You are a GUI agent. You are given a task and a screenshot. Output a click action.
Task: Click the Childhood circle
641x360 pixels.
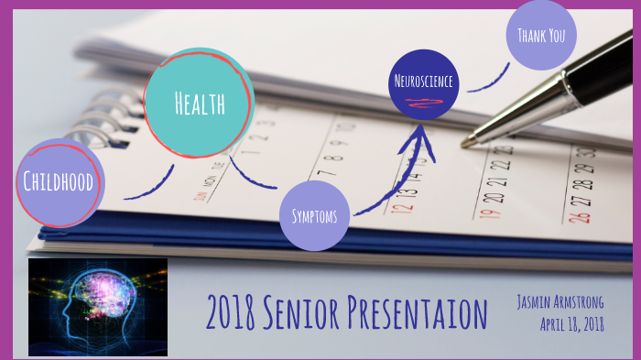pyautogui.click(x=59, y=182)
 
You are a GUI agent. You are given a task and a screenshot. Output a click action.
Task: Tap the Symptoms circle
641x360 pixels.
pyautogui.click(x=314, y=216)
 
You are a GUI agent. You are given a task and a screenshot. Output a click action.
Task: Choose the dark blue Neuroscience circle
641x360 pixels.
pyautogui.click(x=423, y=83)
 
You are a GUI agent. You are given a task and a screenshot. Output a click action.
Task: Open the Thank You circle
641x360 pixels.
pyautogui.click(x=541, y=36)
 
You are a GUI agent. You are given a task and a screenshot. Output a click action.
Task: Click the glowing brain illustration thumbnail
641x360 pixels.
pyautogui.click(x=98, y=306)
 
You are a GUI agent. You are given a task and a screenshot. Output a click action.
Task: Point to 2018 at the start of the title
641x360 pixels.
pyautogui.click(x=231, y=314)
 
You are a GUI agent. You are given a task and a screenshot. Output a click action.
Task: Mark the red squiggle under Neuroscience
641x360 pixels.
pyautogui.click(x=423, y=101)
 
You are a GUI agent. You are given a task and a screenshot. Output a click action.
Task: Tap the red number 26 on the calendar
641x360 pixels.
pyautogui.click(x=578, y=217)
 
